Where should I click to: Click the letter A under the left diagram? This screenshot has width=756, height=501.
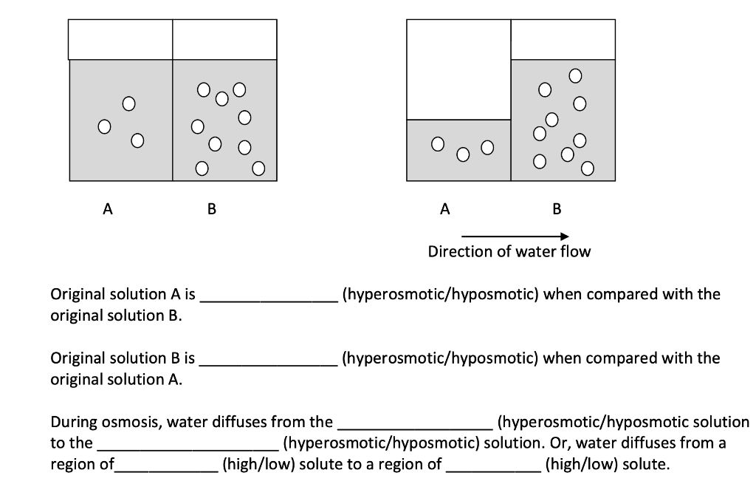tap(108, 209)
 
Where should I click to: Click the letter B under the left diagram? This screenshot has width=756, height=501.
tap(212, 209)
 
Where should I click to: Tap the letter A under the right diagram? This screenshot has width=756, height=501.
tap(444, 209)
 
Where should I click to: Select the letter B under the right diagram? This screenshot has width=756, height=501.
tap(557, 209)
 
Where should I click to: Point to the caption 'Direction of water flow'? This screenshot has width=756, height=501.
tap(509, 252)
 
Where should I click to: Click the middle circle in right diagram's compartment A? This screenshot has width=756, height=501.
tap(463, 154)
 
